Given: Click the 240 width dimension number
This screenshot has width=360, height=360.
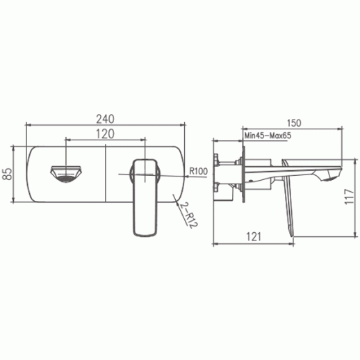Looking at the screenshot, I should [106, 117].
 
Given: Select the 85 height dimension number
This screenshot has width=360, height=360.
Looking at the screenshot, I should [8, 174].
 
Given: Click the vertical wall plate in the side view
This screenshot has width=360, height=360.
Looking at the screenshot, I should [243, 174].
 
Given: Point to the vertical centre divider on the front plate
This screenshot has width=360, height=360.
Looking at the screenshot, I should [106, 174].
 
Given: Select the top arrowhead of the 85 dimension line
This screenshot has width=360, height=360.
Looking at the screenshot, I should [15, 148].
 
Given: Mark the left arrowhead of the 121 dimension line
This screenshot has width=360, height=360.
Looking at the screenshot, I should [215, 245].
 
